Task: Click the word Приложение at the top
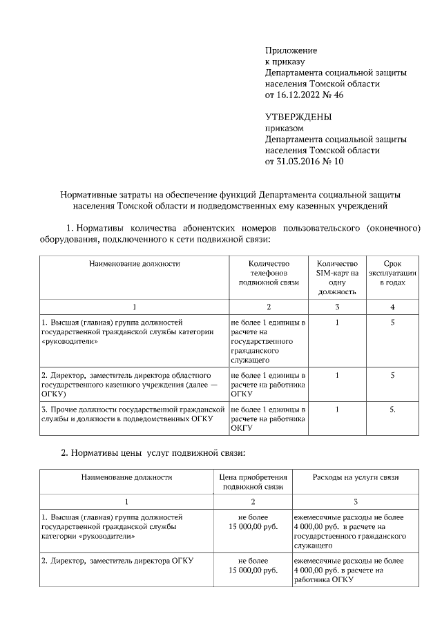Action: tap(291, 50)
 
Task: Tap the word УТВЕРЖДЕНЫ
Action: tap(298, 117)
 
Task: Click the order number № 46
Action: tap(332, 95)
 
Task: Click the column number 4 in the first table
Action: tap(392, 307)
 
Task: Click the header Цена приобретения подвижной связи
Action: tap(252, 481)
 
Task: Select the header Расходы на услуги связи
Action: tap(355, 477)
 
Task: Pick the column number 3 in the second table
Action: tap(355, 501)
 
